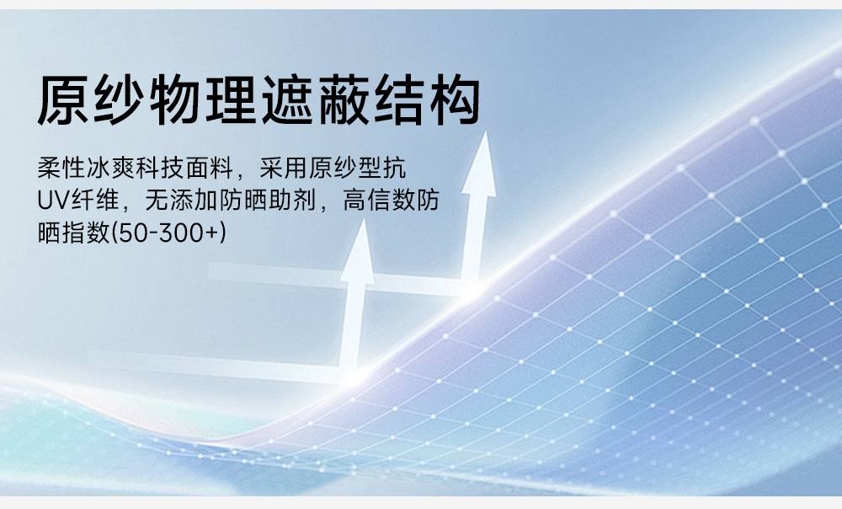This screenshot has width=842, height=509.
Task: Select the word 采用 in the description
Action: click(283, 168)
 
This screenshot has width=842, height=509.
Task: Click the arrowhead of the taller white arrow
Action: click(479, 164)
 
